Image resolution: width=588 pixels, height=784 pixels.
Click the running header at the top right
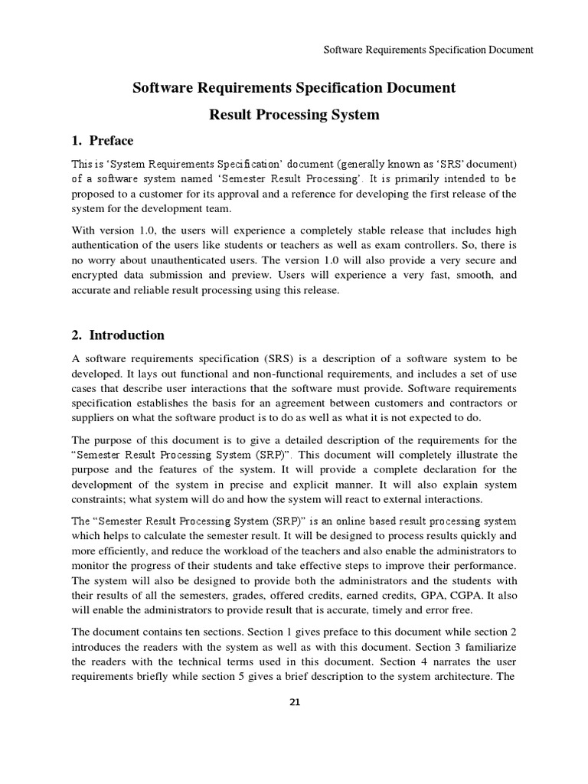tap(429, 51)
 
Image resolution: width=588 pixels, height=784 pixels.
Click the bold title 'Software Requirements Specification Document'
tap(294, 88)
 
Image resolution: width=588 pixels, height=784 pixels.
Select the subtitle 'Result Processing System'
tap(294, 115)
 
